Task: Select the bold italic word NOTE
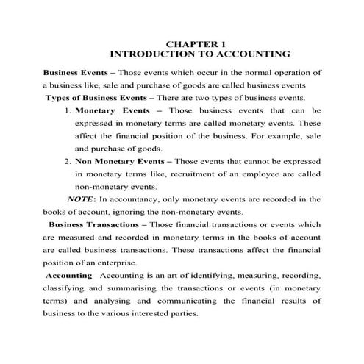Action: [x=81, y=199]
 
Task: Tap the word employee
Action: [x=277, y=174]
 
